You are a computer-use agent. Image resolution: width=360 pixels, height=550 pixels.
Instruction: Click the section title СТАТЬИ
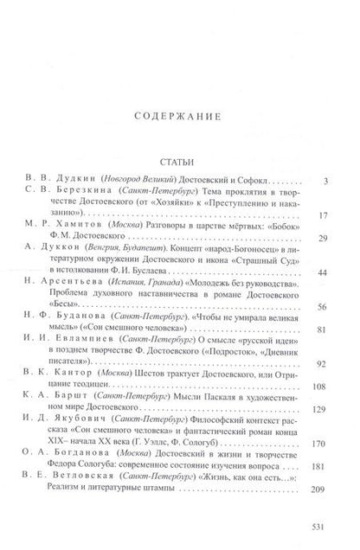pyautogui.click(x=179, y=162)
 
